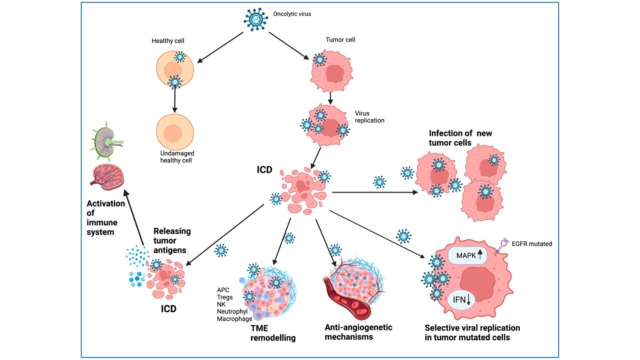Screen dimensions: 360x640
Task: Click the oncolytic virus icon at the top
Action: point(256,19)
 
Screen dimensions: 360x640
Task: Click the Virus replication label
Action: point(368,117)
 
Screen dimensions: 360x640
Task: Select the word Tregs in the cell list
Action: point(225,297)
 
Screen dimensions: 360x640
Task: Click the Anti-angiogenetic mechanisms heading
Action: point(358,331)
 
